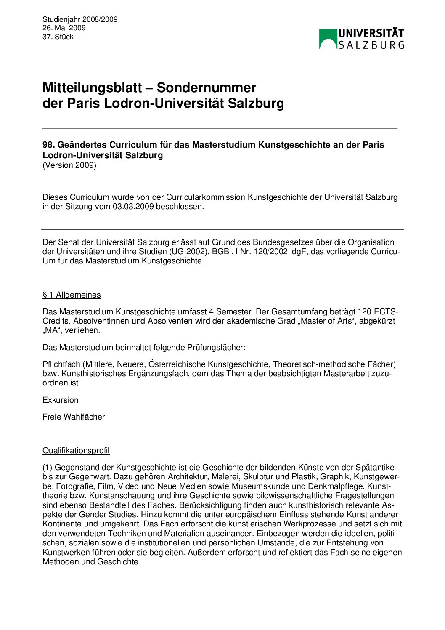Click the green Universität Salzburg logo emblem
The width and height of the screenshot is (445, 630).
[328, 39]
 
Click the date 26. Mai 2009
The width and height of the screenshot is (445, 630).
[64, 28]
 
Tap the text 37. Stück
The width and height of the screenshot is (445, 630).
[58, 37]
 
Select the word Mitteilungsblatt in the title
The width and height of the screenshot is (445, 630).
[92, 88]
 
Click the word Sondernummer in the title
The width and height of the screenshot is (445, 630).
[206, 88]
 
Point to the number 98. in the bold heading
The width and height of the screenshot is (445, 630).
[48, 145]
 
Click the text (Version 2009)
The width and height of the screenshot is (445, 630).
[69, 165]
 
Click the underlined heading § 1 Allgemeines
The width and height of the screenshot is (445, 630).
[72, 295]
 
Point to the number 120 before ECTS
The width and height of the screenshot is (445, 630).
[365, 312]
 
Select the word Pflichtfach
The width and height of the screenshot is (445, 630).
[61, 364]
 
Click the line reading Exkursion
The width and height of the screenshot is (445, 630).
[61, 400]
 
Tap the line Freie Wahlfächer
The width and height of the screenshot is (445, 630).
[74, 417]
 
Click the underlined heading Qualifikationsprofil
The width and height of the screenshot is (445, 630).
[76, 450]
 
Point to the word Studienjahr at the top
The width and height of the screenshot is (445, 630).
[61, 19]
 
